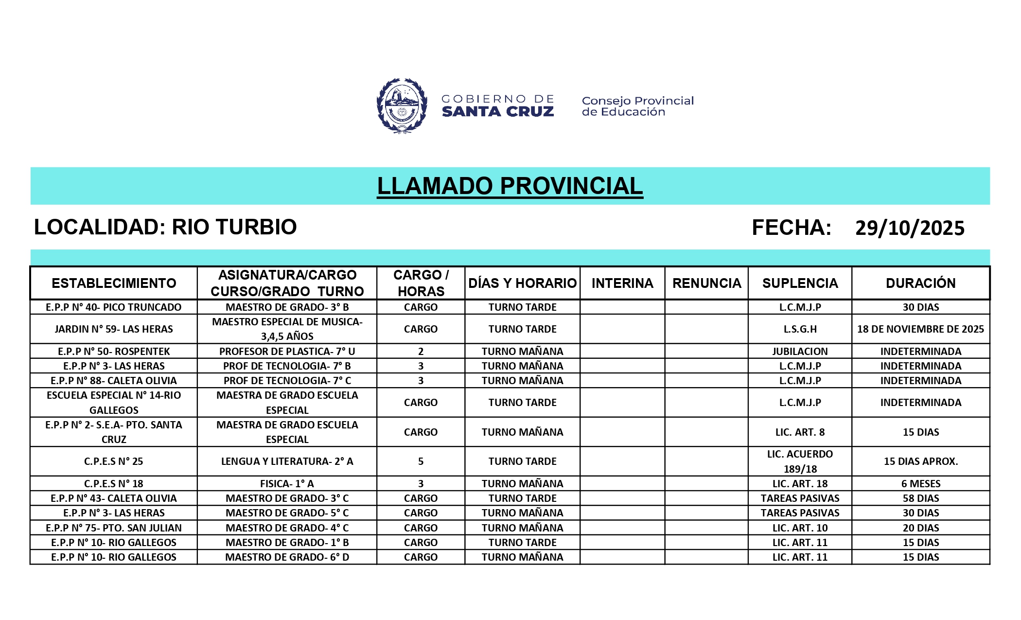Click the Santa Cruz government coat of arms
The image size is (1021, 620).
pos(402,106)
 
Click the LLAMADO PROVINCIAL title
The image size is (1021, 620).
pos(510,186)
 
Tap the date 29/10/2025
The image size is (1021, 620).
pos(909,228)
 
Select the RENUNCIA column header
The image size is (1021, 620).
pos(706,283)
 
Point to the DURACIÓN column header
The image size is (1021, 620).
pos(920,283)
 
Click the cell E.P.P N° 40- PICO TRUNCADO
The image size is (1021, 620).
pos(113,307)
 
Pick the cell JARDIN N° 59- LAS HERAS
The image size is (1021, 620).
pos(113,329)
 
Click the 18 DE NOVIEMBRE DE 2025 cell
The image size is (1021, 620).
pos(920,329)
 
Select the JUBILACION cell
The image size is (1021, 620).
pos(800,352)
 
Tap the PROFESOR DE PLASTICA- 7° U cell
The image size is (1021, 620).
pos(287,352)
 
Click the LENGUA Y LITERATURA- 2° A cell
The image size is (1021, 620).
pos(287,461)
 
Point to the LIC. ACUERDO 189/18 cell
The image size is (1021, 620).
pos(800,461)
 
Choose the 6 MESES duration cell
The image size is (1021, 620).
pos(920,484)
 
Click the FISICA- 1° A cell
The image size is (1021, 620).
pos(287,484)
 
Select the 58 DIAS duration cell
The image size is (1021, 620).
pos(920,498)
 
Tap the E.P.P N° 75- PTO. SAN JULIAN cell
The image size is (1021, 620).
pos(113,528)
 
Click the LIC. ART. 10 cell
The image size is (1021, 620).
pos(800,528)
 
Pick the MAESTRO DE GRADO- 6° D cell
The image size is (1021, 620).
pos(287,557)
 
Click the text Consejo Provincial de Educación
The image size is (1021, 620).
pos(637,106)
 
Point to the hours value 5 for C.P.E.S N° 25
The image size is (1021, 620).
pos(421,461)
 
